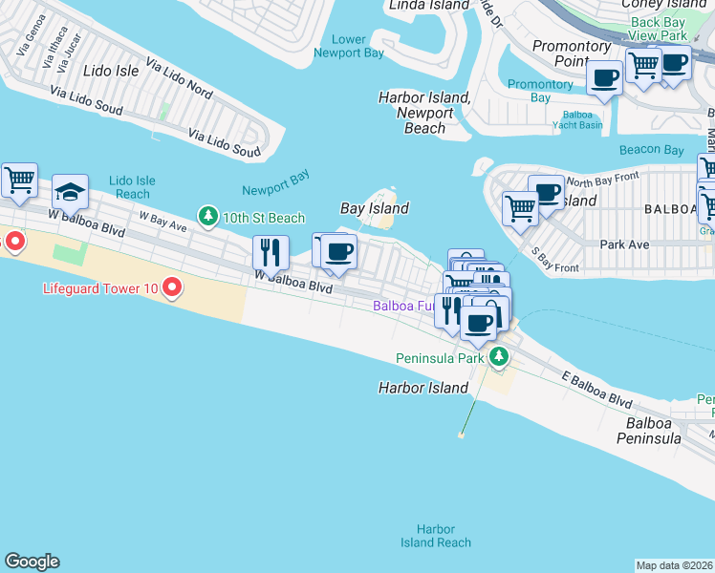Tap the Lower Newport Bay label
tap(349, 46)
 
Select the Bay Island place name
tap(375, 208)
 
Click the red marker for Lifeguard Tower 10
tap(172, 286)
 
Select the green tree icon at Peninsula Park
tap(498, 358)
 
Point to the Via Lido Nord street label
tap(179, 79)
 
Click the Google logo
tap(32, 562)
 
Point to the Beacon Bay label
tap(651, 150)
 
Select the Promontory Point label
tap(572, 53)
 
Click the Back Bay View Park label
tap(659, 29)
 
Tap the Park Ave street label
tap(624, 244)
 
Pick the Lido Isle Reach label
tap(132, 186)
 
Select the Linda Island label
tap(429, 6)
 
